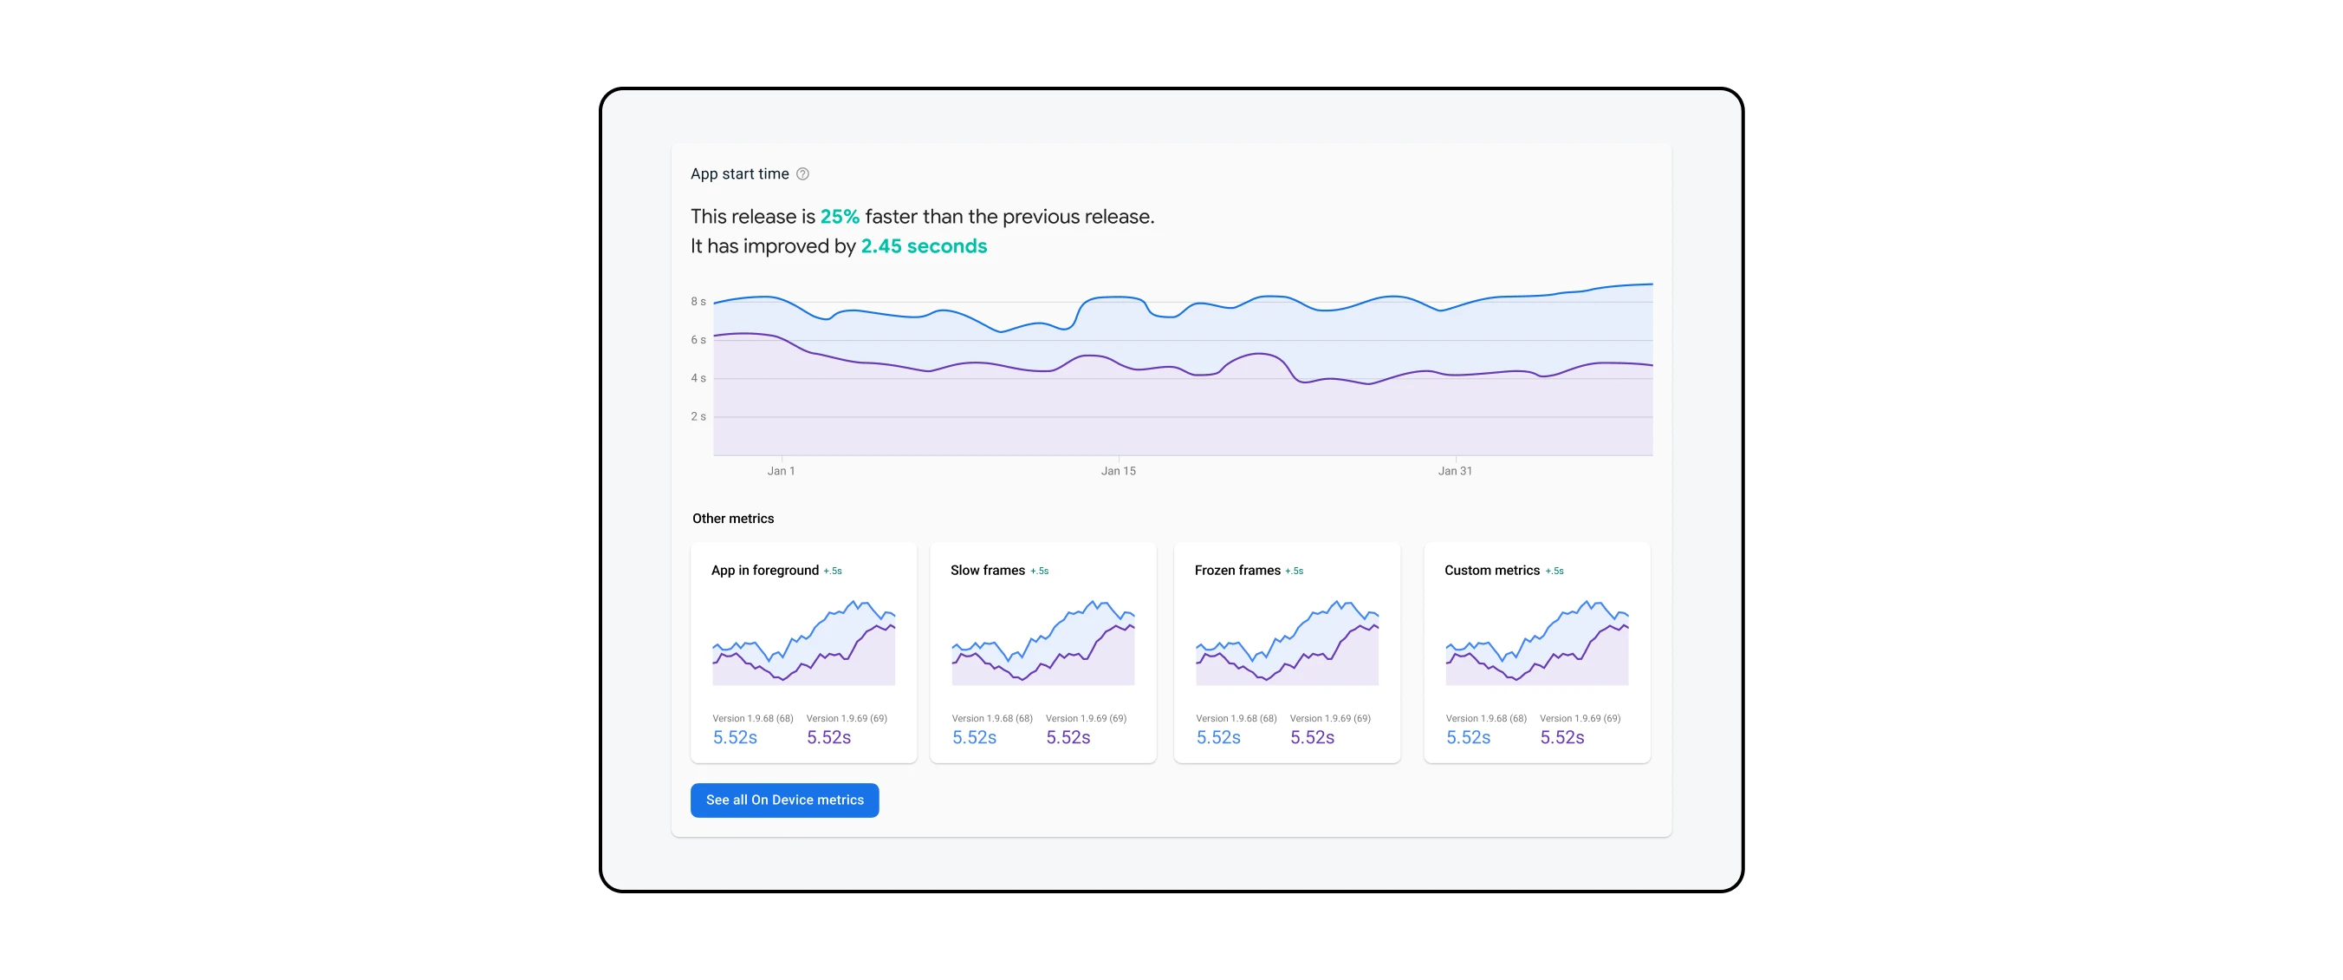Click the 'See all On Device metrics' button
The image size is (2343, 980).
click(784, 800)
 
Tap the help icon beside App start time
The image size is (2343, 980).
click(802, 173)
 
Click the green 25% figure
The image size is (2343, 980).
click(839, 217)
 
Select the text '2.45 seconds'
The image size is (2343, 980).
click(923, 246)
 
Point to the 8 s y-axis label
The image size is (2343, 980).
click(698, 301)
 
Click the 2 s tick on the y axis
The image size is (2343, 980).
click(698, 417)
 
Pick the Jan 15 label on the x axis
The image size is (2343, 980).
click(1118, 471)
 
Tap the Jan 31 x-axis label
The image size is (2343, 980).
click(1454, 471)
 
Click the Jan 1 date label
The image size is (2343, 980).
click(781, 471)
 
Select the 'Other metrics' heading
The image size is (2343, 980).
click(732, 519)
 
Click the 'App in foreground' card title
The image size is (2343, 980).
click(764, 571)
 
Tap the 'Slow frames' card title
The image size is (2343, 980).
click(987, 571)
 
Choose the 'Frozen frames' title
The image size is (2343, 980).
click(1237, 571)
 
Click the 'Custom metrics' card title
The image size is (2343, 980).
click(1491, 571)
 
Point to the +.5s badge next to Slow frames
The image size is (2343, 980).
click(1040, 572)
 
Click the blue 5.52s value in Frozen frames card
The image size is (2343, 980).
click(1218, 738)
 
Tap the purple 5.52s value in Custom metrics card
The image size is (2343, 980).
click(1561, 738)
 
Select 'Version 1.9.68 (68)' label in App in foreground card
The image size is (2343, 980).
click(752, 719)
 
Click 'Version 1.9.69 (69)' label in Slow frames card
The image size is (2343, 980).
click(1086, 719)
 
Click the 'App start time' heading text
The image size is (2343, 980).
click(738, 173)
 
